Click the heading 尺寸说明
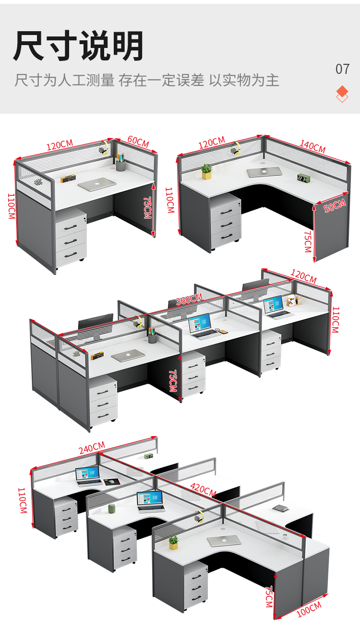click(x=79, y=46)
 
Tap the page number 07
click(x=342, y=69)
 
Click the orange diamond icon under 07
click(x=342, y=94)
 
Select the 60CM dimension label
click(x=138, y=142)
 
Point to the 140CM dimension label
click(x=312, y=146)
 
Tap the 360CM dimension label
click(x=189, y=299)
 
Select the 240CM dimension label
click(x=92, y=448)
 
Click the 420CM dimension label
click(x=204, y=489)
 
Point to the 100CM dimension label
click(x=309, y=609)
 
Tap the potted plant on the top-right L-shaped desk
click(x=206, y=171)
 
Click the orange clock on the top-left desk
click(x=68, y=178)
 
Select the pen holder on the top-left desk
click(x=120, y=162)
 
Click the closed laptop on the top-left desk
click(x=97, y=184)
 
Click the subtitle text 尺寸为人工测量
click(x=64, y=80)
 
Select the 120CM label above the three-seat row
click(x=303, y=276)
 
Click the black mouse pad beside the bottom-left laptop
click(x=112, y=482)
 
